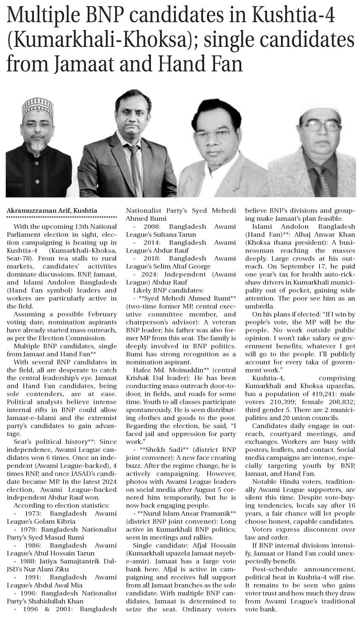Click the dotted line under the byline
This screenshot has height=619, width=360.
click(61, 217)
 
